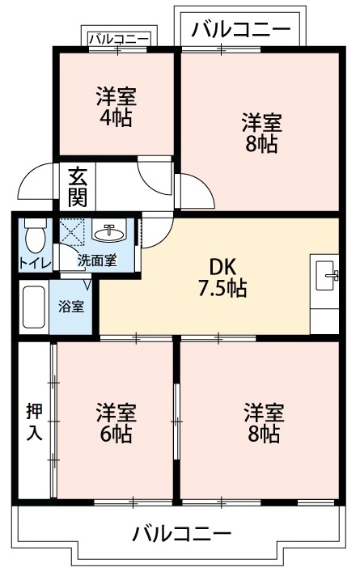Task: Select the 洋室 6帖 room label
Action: pos(116,422)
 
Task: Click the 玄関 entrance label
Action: pos(78,186)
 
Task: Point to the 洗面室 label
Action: pos(96,260)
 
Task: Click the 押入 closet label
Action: pos(32,421)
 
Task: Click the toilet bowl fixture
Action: pos(33,236)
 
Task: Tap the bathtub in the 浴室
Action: pos(32,308)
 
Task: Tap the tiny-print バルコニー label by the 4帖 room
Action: pos(118,38)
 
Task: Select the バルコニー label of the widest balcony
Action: pos(182,534)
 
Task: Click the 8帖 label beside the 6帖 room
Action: pos(264,422)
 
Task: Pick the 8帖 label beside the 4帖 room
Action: pos(261,133)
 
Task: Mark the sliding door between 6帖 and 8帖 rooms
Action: pos(176,421)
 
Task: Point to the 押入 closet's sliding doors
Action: pos(54,421)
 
